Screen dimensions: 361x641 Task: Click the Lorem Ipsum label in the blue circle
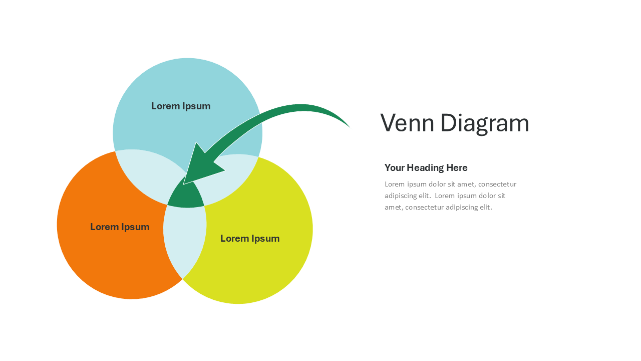pyautogui.click(x=181, y=106)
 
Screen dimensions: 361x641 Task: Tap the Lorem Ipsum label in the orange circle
pyautogui.click(x=120, y=227)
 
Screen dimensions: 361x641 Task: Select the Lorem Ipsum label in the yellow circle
pyautogui.click(x=250, y=238)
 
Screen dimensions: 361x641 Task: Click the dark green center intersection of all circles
pyautogui.click(x=186, y=196)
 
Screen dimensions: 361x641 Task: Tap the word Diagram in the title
pyautogui.click(x=485, y=123)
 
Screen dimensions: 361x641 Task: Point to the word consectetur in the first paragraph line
pyautogui.click(x=497, y=184)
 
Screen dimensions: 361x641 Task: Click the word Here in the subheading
pyautogui.click(x=457, y=167)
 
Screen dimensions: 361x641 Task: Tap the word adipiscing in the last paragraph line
pyautogui.click(x=468, y=207)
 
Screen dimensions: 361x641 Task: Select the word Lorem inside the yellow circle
pyautogui.click(x=234, y=238)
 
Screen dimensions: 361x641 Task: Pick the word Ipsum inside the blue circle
pyautogui.click(x=196, y=106)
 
